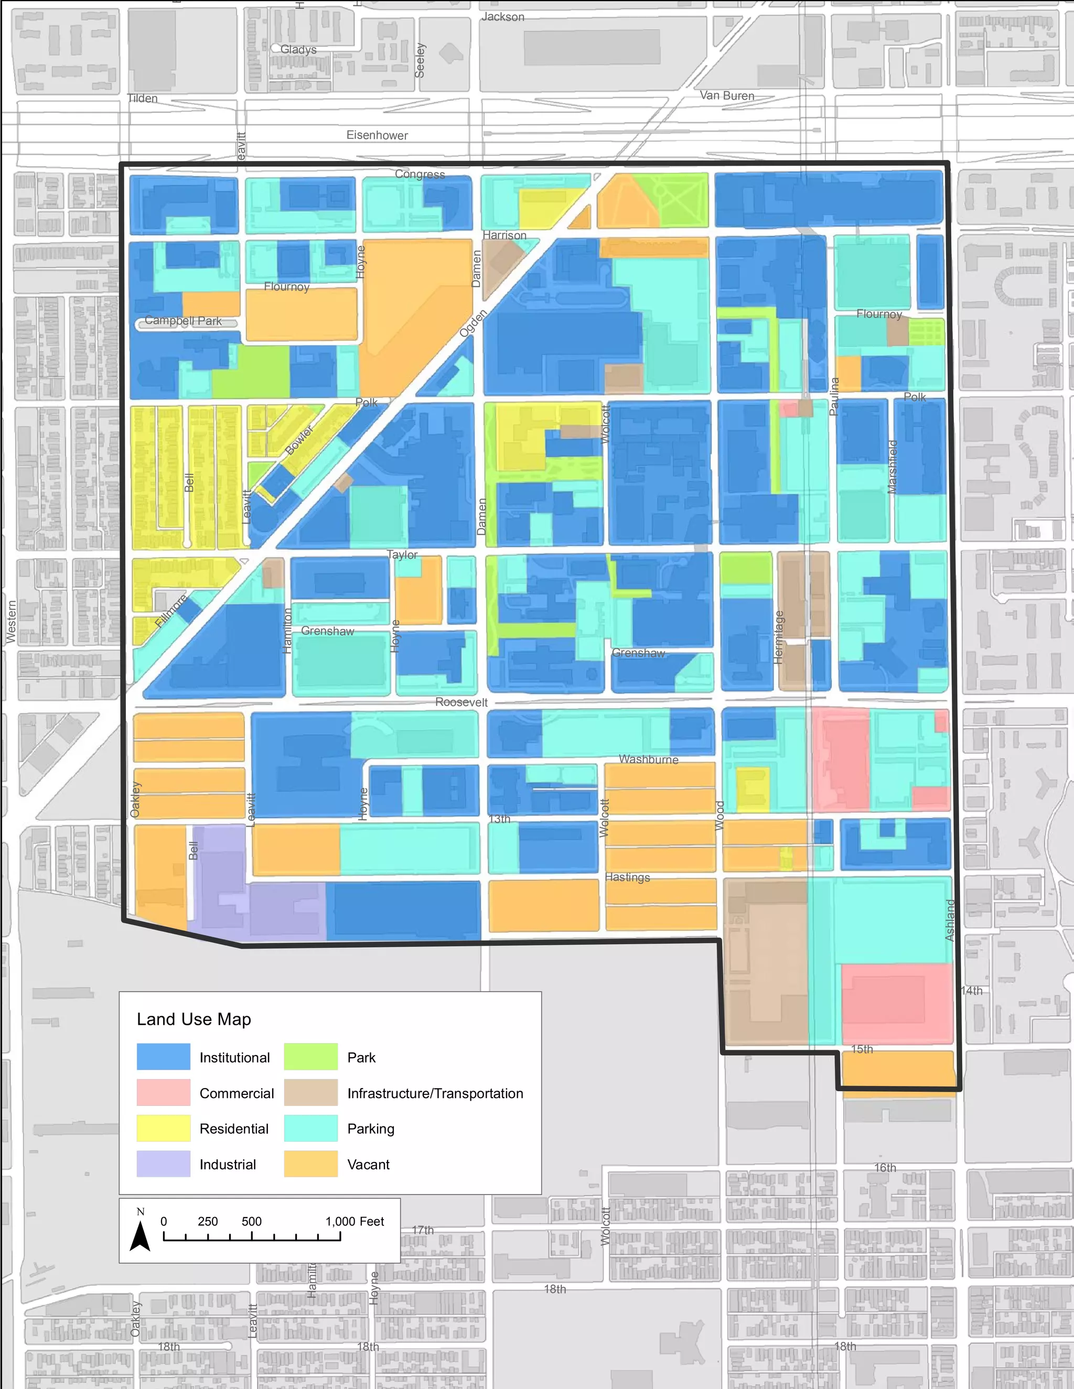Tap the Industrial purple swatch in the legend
click(164, 1163)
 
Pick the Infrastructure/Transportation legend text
click(435, 1093)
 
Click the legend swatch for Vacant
click(310, 1163)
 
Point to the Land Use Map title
click(194, 1019)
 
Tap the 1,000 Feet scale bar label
click(355, 1221)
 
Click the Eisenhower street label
click(377, 135)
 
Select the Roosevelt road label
click(461, 702)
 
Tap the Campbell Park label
click(182, 321)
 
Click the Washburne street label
click(648, 759)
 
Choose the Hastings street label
click(627, 877)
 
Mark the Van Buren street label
click(727, 95)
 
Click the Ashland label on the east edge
click(950, 920)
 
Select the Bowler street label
click(299, 440)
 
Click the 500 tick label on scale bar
click(251, 1221)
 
